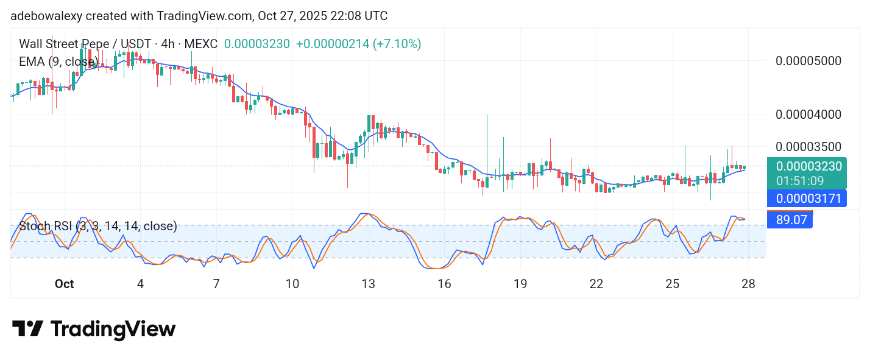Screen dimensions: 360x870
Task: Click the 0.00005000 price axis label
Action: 807,61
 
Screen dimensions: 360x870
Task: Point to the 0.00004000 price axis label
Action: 807,115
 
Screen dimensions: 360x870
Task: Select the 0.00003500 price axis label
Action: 807,147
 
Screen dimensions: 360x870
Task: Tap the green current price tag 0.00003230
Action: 807,166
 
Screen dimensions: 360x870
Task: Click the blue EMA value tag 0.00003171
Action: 807,198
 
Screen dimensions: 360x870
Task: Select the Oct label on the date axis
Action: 64,284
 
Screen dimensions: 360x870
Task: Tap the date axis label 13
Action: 368,284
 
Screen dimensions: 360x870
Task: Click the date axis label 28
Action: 748,284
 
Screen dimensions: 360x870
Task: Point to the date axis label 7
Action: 216,284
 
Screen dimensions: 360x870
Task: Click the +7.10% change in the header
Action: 398,44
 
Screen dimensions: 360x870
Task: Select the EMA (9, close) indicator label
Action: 58,62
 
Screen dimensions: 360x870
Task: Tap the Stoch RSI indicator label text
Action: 98,227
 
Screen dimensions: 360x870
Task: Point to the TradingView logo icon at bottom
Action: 28,329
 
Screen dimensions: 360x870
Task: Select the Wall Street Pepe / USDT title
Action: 79,44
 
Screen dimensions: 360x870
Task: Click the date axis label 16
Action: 444,284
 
